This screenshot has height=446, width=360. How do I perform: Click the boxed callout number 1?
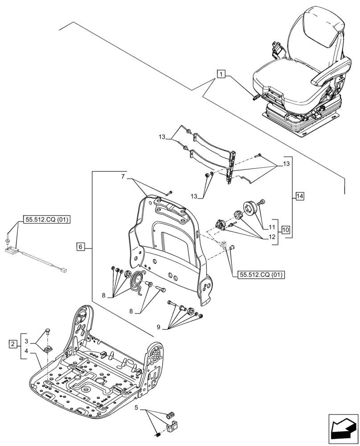point(221,74)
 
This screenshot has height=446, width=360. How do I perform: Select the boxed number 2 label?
point(13,344)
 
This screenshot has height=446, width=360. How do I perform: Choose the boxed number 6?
point(80,246)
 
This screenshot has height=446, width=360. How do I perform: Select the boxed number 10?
point(286,230)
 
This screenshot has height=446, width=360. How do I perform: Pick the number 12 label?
point(272,237)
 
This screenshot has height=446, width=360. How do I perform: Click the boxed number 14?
point(299,196)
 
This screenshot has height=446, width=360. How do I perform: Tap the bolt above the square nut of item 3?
point(48,331)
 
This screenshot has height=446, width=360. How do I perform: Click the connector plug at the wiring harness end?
point(63,270)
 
